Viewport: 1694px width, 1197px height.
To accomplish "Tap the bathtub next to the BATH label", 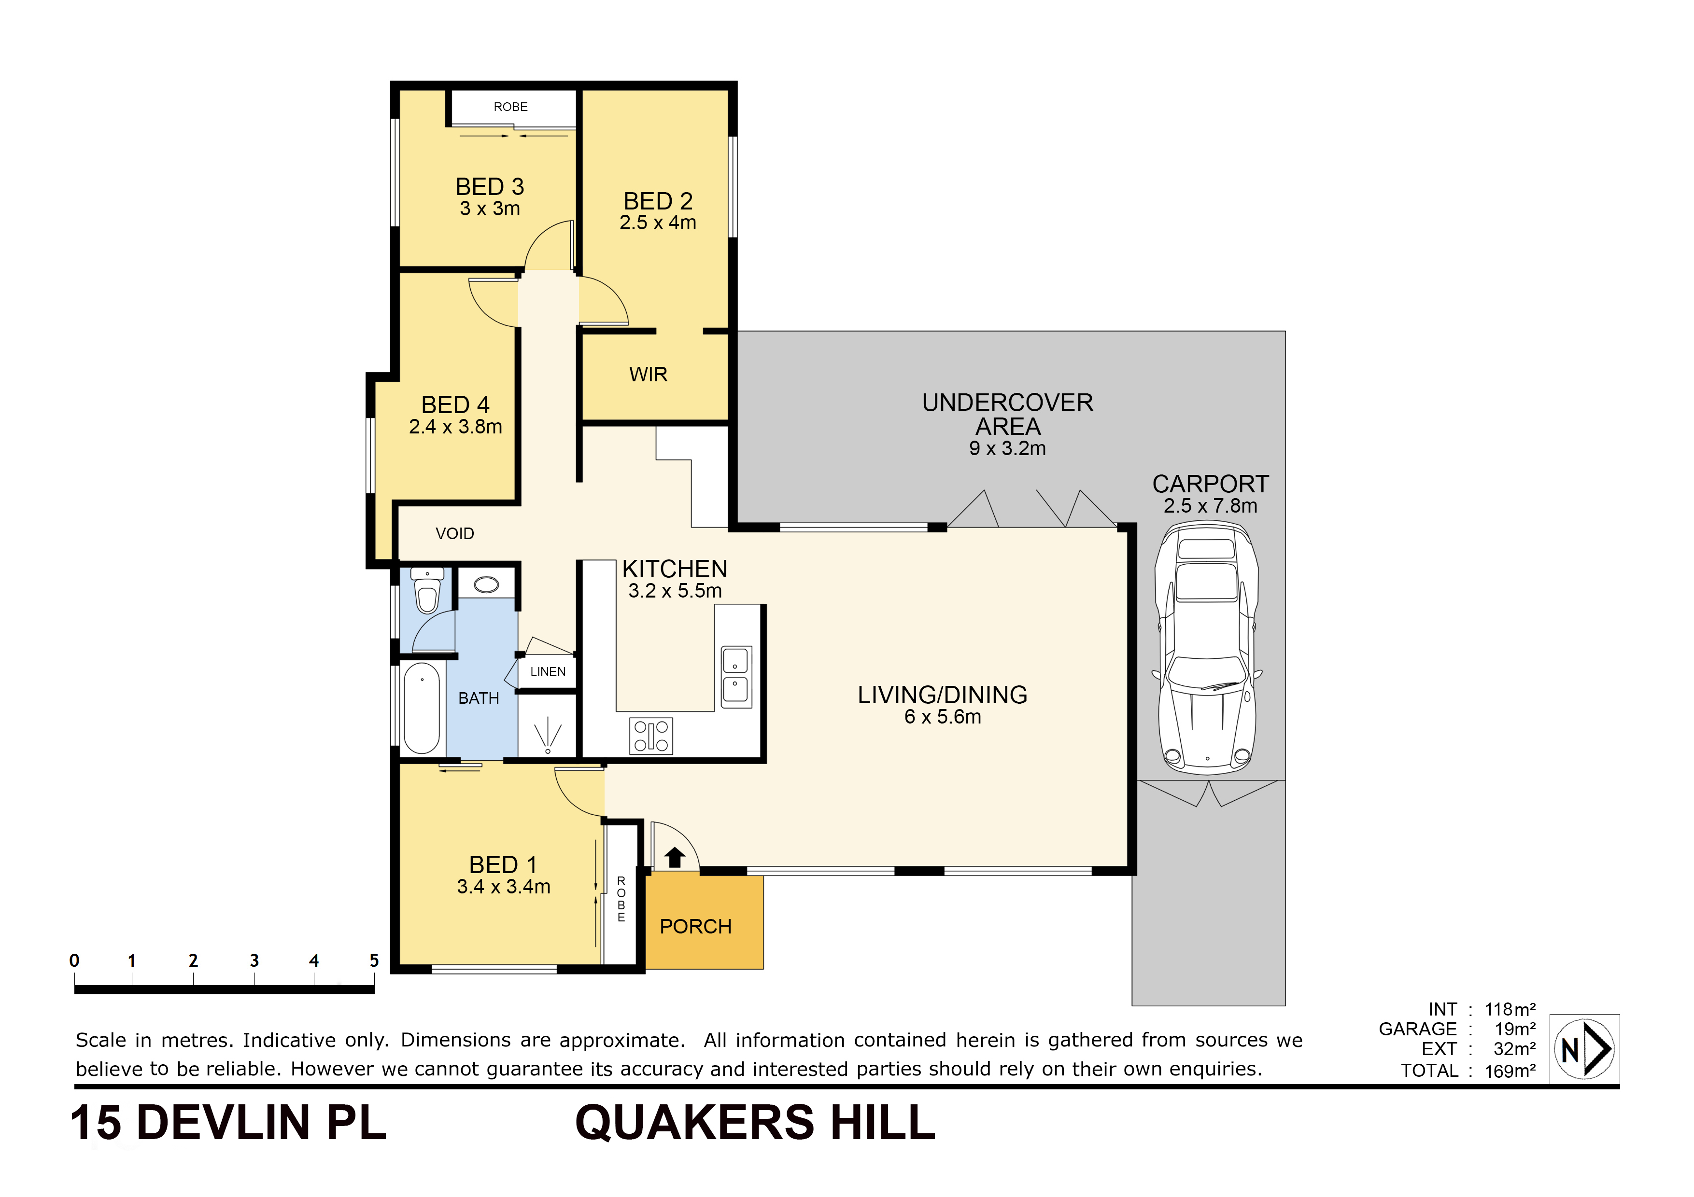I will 421,708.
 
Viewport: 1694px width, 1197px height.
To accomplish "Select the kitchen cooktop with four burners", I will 651,735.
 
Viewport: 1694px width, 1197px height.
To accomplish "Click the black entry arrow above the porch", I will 674,857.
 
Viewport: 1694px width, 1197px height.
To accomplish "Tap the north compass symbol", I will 1583,1048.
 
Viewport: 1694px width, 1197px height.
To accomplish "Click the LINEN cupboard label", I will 548,671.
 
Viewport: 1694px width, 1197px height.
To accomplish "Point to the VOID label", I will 454,533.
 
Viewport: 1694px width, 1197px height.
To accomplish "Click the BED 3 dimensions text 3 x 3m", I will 490,209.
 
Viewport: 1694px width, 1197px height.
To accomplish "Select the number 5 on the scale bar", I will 374,960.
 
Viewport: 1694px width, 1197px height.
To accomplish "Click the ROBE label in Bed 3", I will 510,107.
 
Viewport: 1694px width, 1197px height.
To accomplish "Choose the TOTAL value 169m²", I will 1510,1071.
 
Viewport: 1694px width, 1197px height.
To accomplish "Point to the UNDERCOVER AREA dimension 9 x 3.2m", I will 1007,448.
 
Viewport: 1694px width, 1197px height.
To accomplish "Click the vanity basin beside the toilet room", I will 486,585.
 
